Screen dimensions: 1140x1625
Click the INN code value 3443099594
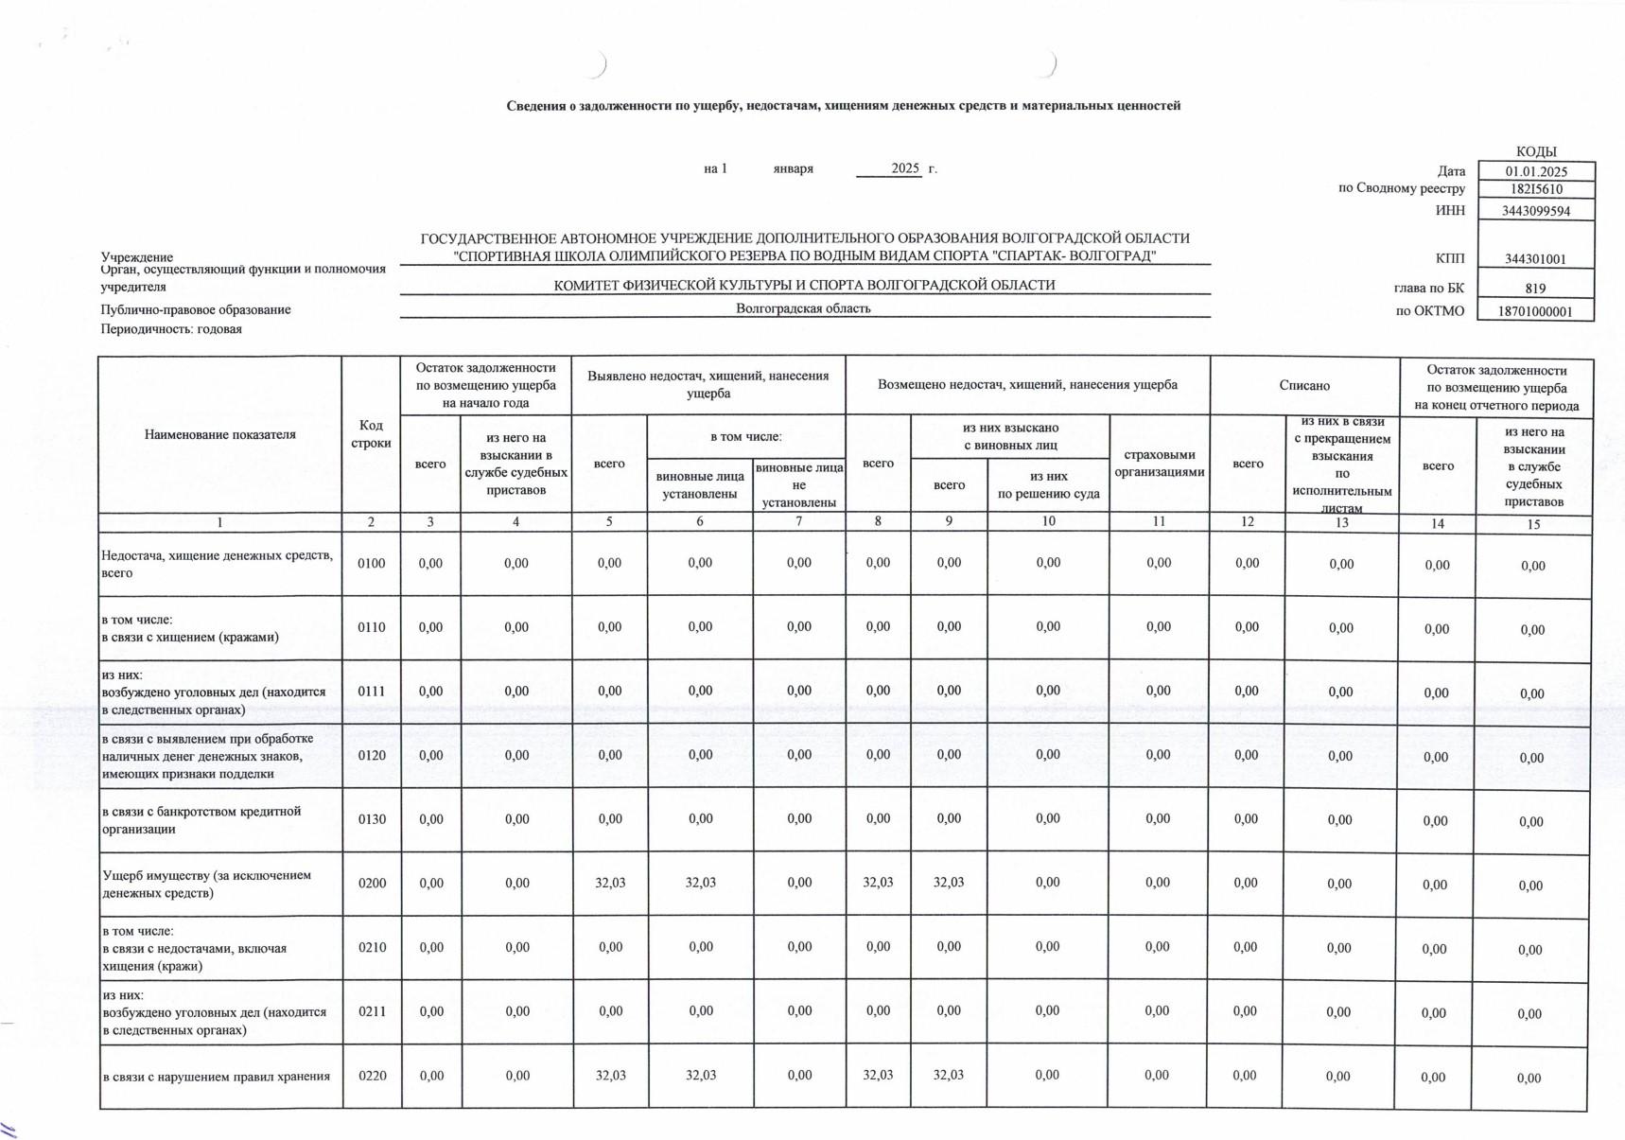point(1535,211)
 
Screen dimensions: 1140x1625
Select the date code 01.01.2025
point(1536,171)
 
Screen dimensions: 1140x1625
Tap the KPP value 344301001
point(1535,259)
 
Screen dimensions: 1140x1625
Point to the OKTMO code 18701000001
point(1535,311)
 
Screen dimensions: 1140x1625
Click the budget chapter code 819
point(1535,289)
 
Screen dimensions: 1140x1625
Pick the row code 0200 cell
point(372,883)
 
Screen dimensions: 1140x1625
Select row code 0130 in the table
point(372,819)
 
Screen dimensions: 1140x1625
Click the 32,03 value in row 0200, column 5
point(610,883)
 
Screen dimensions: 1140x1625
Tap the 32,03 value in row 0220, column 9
point(949,1075)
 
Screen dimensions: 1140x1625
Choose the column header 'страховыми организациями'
point(1159,464)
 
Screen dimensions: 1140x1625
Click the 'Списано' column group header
point(1304,385)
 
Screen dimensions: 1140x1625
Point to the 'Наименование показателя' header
point(220,434)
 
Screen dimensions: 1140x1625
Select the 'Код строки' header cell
point(371,434)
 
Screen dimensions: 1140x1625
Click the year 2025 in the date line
point(905,168)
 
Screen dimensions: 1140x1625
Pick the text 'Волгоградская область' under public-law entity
point(803,308)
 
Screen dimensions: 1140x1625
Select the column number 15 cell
point(1533,524)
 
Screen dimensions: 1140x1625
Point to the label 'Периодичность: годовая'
point(171,329)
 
